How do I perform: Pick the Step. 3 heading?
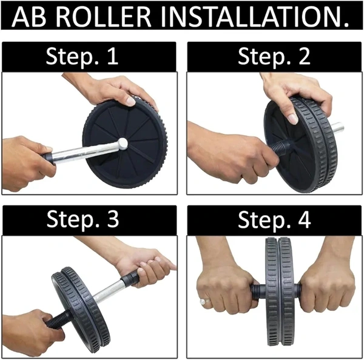pyautogui.click(x=89, y=221)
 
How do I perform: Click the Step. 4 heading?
pyautogui.click(x=274, y=221)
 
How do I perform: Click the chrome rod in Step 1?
pyautogui.click(x=85, y=152)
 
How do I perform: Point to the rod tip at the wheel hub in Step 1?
pyautogui.click(x=123, y=144)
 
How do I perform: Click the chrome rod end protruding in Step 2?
pyautogui.click(x=337, y=128)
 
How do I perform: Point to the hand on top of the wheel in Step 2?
pyautogui.click(x=297, y=91)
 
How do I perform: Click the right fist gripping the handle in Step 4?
pyautogui.click(x=325, y=285)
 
